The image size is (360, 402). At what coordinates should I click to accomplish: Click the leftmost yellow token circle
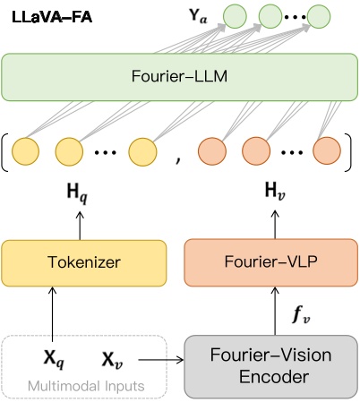click(27, 149)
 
